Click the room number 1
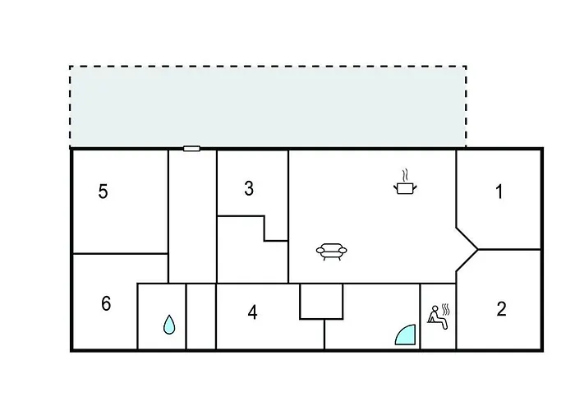[x=499, y=192]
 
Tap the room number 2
[x=501, y=309]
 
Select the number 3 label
[x=249, y=188]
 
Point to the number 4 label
[x=252, y=312]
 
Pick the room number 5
[x=103, y=192]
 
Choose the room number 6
[x=106, y=303]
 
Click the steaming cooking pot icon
[x=405, y=182]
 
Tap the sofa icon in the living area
[x=332, y=252]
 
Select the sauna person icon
[x=439, y=316]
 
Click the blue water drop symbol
[x=169, y=325]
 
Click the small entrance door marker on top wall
[x=191, y=149]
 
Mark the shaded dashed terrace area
[x=268, y=106]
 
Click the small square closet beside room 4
[x=322, y=301]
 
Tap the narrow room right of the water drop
[x=201, y=316]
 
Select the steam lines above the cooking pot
[x=405, y=175]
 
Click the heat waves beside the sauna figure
[x=446, y=310]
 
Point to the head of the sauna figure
[x=435, y=308]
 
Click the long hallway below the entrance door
[x=192, y=216]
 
